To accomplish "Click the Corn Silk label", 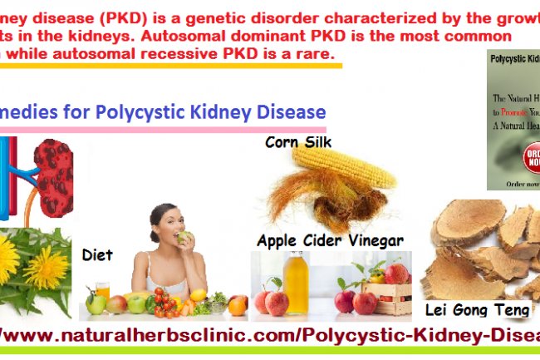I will pyautogui.click(x=298, y=142).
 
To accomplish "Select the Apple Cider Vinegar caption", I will pyautogui.click(x=330, y=240).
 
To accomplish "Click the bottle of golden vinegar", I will pyautogui.click(x=297, y=283).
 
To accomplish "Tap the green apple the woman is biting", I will pyautogui.click(x=184, y=237).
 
